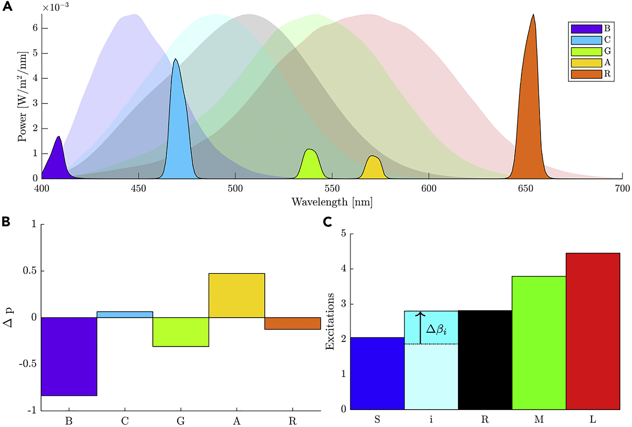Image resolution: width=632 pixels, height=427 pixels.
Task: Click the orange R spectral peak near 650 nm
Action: [x=530, y=115]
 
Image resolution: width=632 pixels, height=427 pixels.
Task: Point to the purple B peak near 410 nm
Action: [x=56, y=160]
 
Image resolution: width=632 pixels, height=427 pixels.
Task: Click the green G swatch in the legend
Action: [x=586, y=52]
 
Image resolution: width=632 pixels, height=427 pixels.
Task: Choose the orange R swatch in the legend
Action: [x=586, y=74]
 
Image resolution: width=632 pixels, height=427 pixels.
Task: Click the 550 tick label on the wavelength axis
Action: [x=332, y=189]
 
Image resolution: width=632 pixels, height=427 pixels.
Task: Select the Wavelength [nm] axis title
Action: [x=332, y=202]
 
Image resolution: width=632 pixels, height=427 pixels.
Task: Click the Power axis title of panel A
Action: [x=22, y=97]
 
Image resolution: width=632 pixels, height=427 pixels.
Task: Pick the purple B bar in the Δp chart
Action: [x=69, y=356]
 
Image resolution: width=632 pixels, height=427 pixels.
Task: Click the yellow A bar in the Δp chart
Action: [x=237, y=295]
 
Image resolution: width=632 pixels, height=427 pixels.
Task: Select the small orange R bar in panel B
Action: [x=293, y=323]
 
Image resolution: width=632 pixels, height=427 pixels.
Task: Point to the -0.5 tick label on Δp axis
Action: [x=28, y=364]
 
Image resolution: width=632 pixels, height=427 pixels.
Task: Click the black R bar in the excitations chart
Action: [x=485, y=360]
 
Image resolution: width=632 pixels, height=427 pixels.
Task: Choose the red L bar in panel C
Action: [x=593, y=331]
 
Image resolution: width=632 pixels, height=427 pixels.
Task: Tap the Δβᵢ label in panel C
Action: [x=437, y=329]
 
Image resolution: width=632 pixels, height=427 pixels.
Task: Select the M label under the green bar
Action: [x=539, y=420]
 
